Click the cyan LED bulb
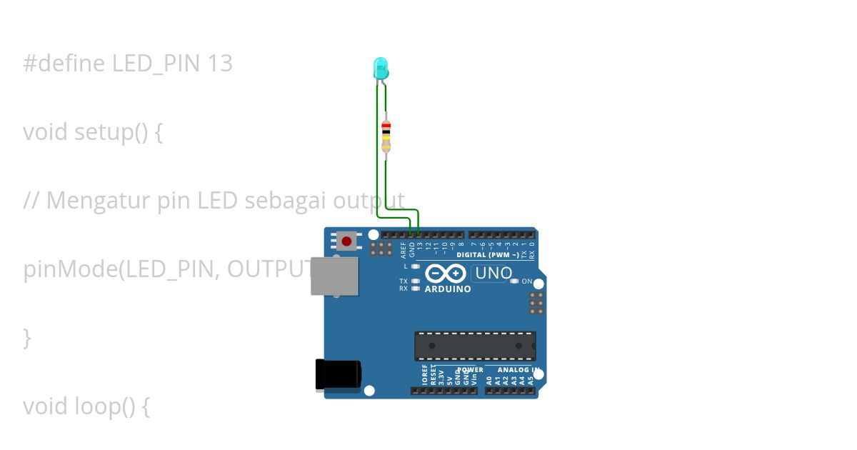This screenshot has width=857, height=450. (x=381, y=69)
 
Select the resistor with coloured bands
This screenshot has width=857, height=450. (x=386, y=135)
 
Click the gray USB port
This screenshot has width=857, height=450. (x=334, y=276)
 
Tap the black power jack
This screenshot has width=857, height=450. (x=338, y=374)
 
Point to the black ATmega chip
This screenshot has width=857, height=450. (x=475, y=346)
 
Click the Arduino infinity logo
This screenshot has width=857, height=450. (x=446, y=274)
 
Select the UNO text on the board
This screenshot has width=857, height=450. (x=493, y=273)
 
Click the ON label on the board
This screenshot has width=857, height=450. (x=527, y=281)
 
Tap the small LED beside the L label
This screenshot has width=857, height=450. (x=416, y=266)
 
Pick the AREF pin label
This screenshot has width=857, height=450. (x=404, y=249)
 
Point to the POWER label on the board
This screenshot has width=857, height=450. (x=470, y=370)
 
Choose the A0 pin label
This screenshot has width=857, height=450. (x=489, y=380)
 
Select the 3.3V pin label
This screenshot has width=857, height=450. (x=441, y=377)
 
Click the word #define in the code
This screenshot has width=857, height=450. (x=65, y=64)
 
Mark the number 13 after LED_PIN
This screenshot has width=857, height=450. (x=221, y=64)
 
